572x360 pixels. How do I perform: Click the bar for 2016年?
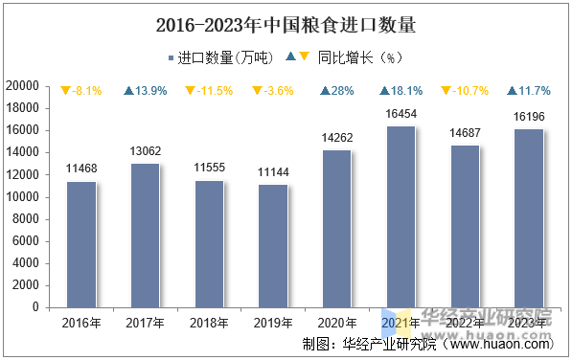[81, 244]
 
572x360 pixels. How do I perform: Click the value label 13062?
[145, 150]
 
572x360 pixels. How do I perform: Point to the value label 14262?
[337, 138]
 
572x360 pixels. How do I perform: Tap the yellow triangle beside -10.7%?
[446, 91]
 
